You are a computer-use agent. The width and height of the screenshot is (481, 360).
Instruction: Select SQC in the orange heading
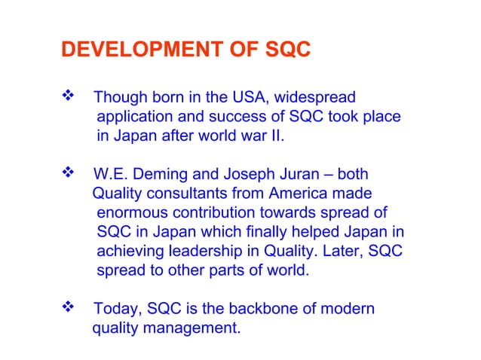click(287, 50)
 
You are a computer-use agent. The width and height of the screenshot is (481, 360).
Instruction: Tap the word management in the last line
click(195, 328)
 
